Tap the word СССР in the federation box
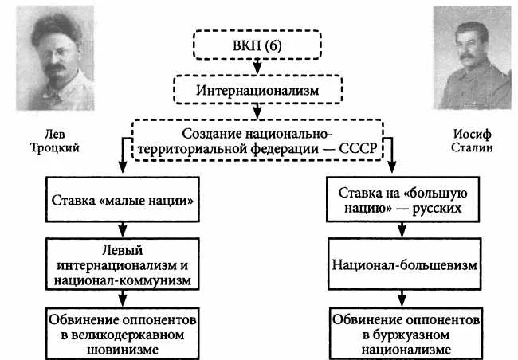pos(358,149)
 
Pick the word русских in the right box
pos(437,209)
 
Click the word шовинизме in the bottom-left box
pos(123,350)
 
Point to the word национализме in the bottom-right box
pos(406,350)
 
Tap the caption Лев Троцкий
pos(55,141)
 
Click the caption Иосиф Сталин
pos(472,141)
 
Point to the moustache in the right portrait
pos(466,56)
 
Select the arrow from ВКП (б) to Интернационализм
pos(257,67)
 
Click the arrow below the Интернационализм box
pos(257,112)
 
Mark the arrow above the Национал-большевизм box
pos(402,229)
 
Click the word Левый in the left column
pos(123,250)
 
